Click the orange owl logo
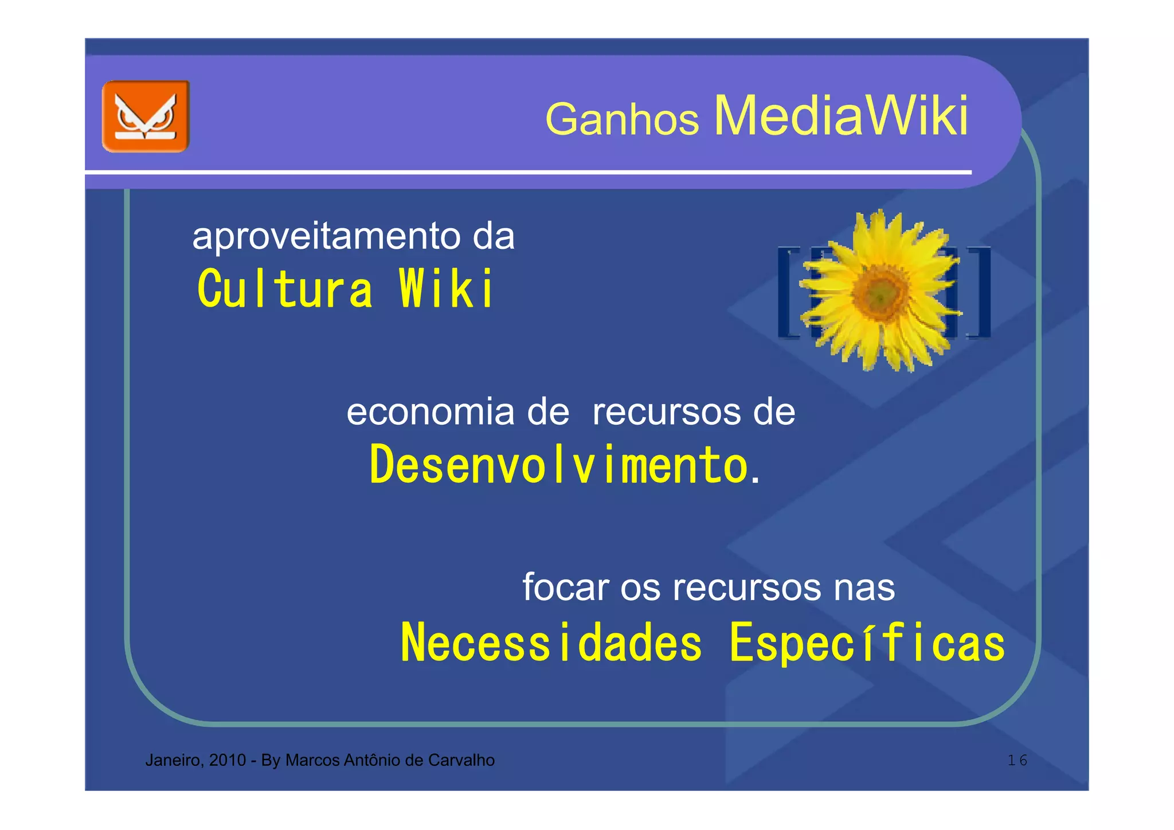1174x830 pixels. (x=146, y=116)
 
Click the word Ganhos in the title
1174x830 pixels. (x=622, y=119)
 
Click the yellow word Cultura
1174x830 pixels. (x=285, y=289)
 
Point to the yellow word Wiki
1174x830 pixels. (x=445, y=289)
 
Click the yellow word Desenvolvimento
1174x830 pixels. (x=559, y=465)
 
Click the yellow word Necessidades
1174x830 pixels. (x=551, y=643)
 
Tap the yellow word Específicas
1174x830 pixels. (x=867, y=643)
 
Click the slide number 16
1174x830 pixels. (x=1018, y=761)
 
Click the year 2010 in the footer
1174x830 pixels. (x=228, y=760)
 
